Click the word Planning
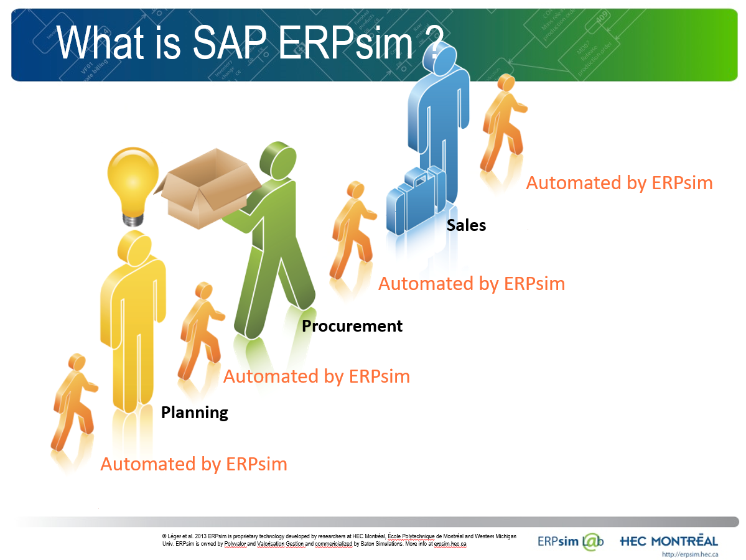(x=194, y=413)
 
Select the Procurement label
(x=352, y=326)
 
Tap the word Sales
(x=466, y=225)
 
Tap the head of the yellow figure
(x=133, y=246)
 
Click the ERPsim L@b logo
(x=571, y=541)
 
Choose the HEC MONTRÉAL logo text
(x=669, y=541)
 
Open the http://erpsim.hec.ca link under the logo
(x=690, y=554)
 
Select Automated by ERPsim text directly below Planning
(x=193, y=464)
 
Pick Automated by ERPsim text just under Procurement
(x=316, y=376)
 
